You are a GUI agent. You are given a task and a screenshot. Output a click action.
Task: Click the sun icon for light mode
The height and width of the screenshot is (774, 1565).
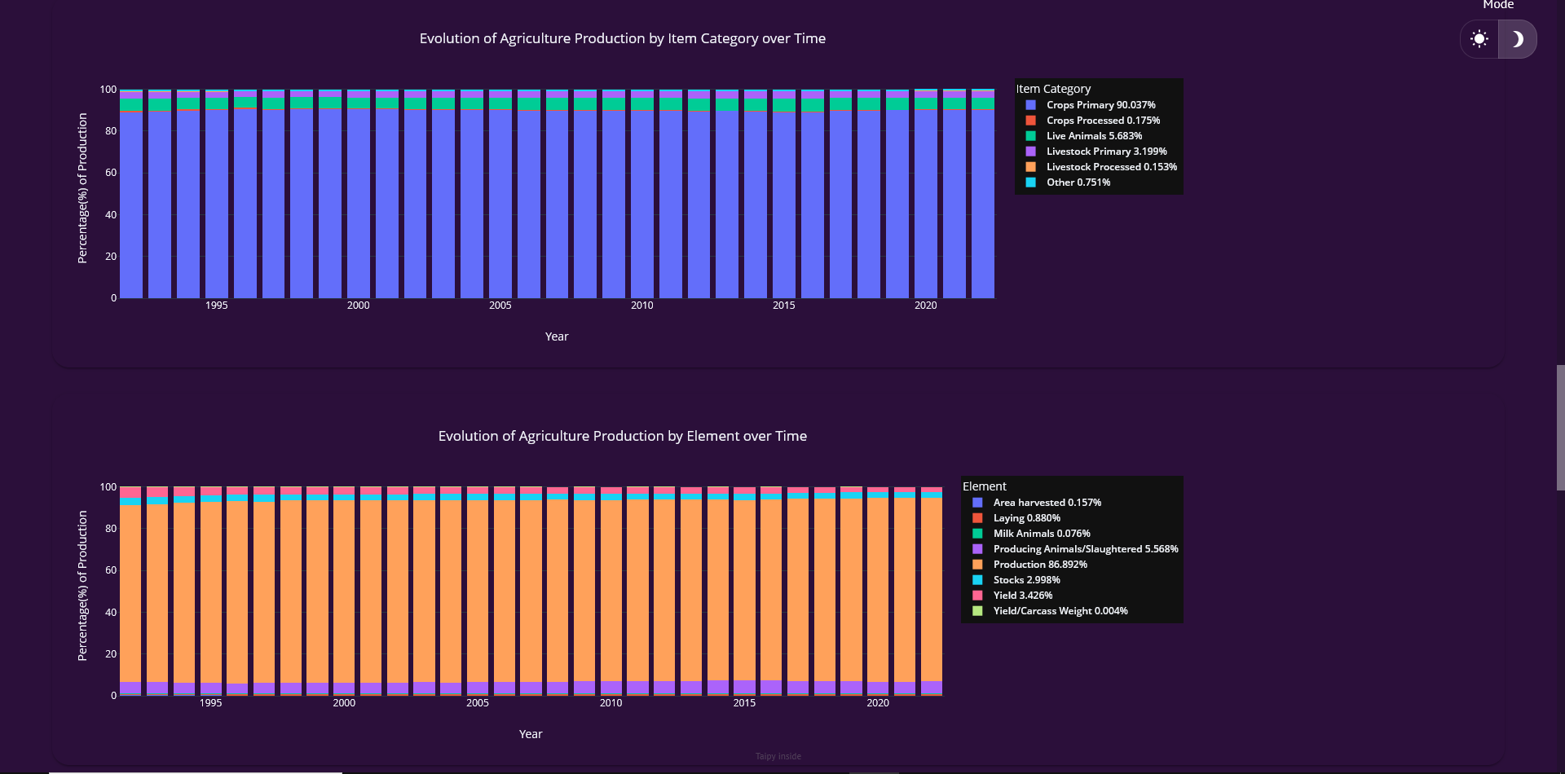pyautogui.click(x=1479, y=39)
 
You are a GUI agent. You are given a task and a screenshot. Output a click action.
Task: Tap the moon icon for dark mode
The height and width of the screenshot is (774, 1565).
pyautogui.click(x=1517, y=39)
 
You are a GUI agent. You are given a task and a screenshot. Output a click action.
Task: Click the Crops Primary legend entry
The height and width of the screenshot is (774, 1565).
pyautogui.click(x=1100, y=105)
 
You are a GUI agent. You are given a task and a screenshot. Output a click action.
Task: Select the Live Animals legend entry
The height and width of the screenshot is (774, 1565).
pyautogui.click(x=1094, y=136)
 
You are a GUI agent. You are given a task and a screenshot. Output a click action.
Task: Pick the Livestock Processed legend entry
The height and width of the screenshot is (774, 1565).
pyautogui.click(x=1111, y=167)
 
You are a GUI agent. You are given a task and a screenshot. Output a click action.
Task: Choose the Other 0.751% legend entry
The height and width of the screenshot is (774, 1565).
pyautogui.click(x=1078, y=183)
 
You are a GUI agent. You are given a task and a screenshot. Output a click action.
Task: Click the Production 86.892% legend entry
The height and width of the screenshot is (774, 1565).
pyautogui.click(x=1039, y=565)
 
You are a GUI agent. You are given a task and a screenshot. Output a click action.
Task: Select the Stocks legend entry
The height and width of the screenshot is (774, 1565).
pyautogui.click(x=1026, y=580)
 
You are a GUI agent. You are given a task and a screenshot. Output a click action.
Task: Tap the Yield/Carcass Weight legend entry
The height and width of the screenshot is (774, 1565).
pyautogui.click(x=1060, y=611)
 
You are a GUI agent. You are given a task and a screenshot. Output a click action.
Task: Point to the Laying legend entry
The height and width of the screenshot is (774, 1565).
pyautogui.click(x=1026, y=518)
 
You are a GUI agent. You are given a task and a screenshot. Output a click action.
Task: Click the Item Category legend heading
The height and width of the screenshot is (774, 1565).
pyautogui.click(x=1053, y=89)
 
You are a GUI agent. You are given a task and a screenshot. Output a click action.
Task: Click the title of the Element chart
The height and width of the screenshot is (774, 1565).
pyautogui.click(x=622, y=436)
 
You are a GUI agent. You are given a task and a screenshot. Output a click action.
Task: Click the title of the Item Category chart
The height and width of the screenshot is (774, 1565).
pyautogui.click(x=622, y=38)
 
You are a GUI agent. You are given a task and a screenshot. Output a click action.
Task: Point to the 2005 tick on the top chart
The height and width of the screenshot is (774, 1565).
pyautogui.click(x=500, y=306)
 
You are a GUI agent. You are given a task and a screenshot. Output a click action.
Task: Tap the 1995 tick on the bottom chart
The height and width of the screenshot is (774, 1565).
pyautogui.click(x=210, y=703)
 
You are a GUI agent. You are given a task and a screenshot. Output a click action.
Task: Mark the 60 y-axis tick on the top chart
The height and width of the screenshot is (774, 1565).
pyautogui.click(x=110, y=173)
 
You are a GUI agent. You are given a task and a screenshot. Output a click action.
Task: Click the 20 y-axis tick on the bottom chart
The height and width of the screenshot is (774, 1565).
pyautogui.click(x=110, y=654)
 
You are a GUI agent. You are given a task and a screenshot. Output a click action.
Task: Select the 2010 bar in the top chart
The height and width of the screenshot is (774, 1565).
pyautogui.click(x=642, y=204)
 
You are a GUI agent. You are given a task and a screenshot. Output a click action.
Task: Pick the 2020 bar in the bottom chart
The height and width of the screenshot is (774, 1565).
pyautogui.click(x=878, y=595)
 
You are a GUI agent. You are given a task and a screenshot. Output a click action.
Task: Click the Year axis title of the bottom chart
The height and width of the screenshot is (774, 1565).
pyautogui.click(x=531, y=734)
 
